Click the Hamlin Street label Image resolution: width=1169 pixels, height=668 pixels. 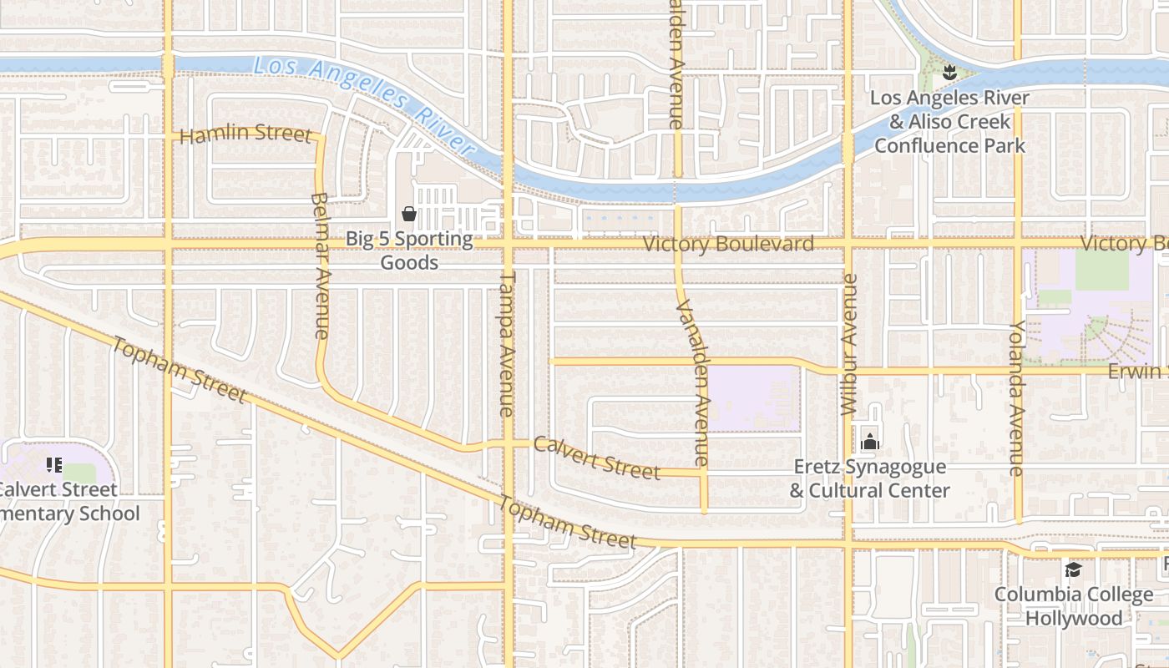pyautogui.click(x=245, y=134)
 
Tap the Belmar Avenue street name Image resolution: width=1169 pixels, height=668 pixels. pyautogui.click(x=321, y=266)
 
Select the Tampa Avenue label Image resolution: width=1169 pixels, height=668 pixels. pyautogui.click(x=507, y=343)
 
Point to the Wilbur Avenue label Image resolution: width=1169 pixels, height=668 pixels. pyautogui.click(x=850, y=344)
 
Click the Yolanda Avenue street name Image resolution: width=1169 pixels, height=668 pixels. pyautogui.click(x=1017, y=397)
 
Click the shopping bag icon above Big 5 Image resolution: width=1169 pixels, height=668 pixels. pyautogui.click(x=409, y=215)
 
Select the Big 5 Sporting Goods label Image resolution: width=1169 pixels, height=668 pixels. pyautogui.click(x=409, y=250)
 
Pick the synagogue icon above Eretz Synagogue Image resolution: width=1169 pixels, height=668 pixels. pyautogui.click(x=870, y=442)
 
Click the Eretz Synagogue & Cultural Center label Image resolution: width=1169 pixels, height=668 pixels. pyautogui.click(x=870, y=478)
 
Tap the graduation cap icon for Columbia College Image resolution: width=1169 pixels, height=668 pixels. pyautogui.click(x=1073, y=570)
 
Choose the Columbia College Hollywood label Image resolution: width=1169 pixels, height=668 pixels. pyautogui.click(x=1074, y=607)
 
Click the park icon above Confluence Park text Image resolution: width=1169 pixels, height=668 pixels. pyautogui.click(x=949, y=73)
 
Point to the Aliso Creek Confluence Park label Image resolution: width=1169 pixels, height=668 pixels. pyautogui.click(x=950, y=122)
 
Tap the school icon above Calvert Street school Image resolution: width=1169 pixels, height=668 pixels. pyautogui.click(x=54, y=464)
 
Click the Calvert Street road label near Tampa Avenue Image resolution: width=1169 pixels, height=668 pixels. pyautogui.click(x=597, y=458)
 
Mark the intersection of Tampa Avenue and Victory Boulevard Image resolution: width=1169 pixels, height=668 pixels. pyautogui.click(x=508, y=244)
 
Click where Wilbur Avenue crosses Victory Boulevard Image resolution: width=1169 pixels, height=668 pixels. pyautogui.click(x=848, y=244)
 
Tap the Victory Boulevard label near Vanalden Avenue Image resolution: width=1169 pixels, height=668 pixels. pyautogui.click(x=728, y=244)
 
